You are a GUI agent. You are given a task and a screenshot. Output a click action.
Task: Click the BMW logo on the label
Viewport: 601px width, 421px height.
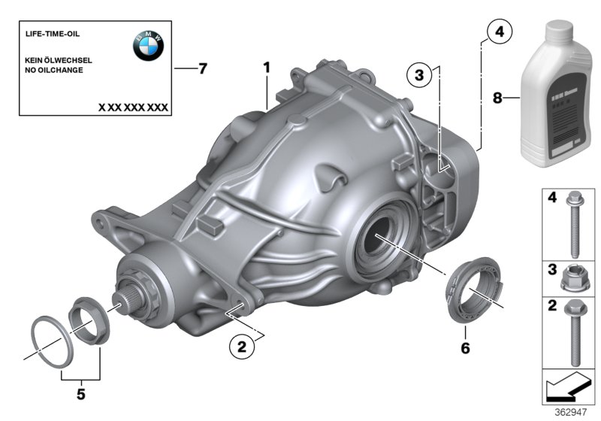pyautogui.click(x=148, y=47)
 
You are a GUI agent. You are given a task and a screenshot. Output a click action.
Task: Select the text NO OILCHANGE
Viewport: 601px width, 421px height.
pyautogui.click(x=55, y=70)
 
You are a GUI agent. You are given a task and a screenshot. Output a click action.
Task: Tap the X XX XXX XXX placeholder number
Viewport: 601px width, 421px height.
pyautogui.click(x=133, y=108)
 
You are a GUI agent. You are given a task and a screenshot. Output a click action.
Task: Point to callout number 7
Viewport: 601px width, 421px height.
pyautogui.click(x=202, y=68)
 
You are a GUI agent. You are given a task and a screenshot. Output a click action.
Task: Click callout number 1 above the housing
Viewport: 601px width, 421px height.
pyautogui.click(x=266, y=68)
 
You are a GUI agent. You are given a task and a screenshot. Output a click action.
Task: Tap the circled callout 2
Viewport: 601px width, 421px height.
pyautogui.click(x=241, y=347)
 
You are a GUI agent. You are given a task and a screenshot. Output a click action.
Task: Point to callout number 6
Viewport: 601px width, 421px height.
pyautogui.click(x=465, y=348)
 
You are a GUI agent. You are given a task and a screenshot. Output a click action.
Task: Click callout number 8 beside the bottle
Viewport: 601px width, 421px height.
pyautogui.click(x=496, y=98)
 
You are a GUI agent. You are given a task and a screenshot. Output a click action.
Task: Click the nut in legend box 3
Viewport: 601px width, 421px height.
pyautogui.click(x=574, y=277)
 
